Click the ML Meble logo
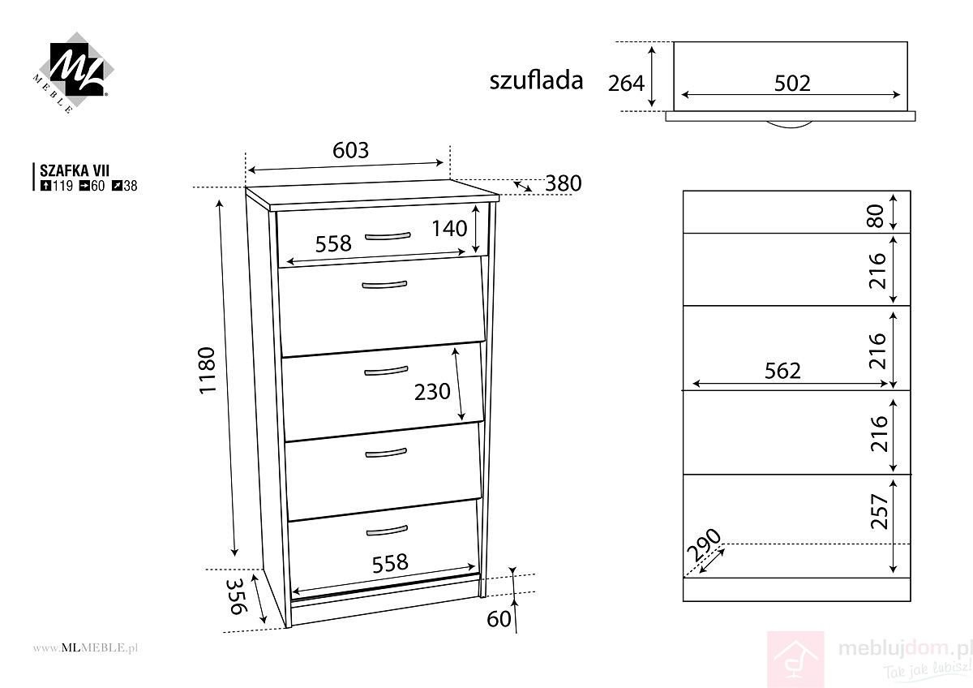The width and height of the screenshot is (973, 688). (x=73, y=72)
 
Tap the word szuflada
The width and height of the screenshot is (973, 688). (x=536, y=81)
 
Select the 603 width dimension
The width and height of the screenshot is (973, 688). (x=350, y=150)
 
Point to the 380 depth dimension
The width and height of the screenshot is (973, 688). (x=564, y=183)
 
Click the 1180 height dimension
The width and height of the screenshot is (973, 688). (x=207, y=371)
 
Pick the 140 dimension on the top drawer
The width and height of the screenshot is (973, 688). (x=449, y=228)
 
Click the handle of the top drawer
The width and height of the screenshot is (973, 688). (x=388, y=236)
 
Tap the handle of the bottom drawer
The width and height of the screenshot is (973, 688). (x=387, y=531)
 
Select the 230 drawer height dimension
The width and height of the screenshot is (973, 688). (x=432, y=392)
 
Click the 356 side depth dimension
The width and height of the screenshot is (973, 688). (x=237, y=596)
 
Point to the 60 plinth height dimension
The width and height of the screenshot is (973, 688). (x=499, y=619)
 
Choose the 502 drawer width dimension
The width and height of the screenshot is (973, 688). (x=792, y=84)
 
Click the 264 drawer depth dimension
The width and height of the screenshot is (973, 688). (x=626, y=84)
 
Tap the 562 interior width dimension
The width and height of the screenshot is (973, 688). (x=782, y=371)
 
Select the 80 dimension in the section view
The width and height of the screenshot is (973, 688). (x=876, y=216)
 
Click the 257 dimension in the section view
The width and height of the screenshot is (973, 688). (x=880, y=512)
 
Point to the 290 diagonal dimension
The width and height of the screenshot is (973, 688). (x=704, y=544)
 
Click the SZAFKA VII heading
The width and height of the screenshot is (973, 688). (x=75, y=170)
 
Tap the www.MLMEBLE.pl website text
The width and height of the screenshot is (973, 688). (x=85, y=648)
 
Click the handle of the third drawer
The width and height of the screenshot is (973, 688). (x=386, y=371)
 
